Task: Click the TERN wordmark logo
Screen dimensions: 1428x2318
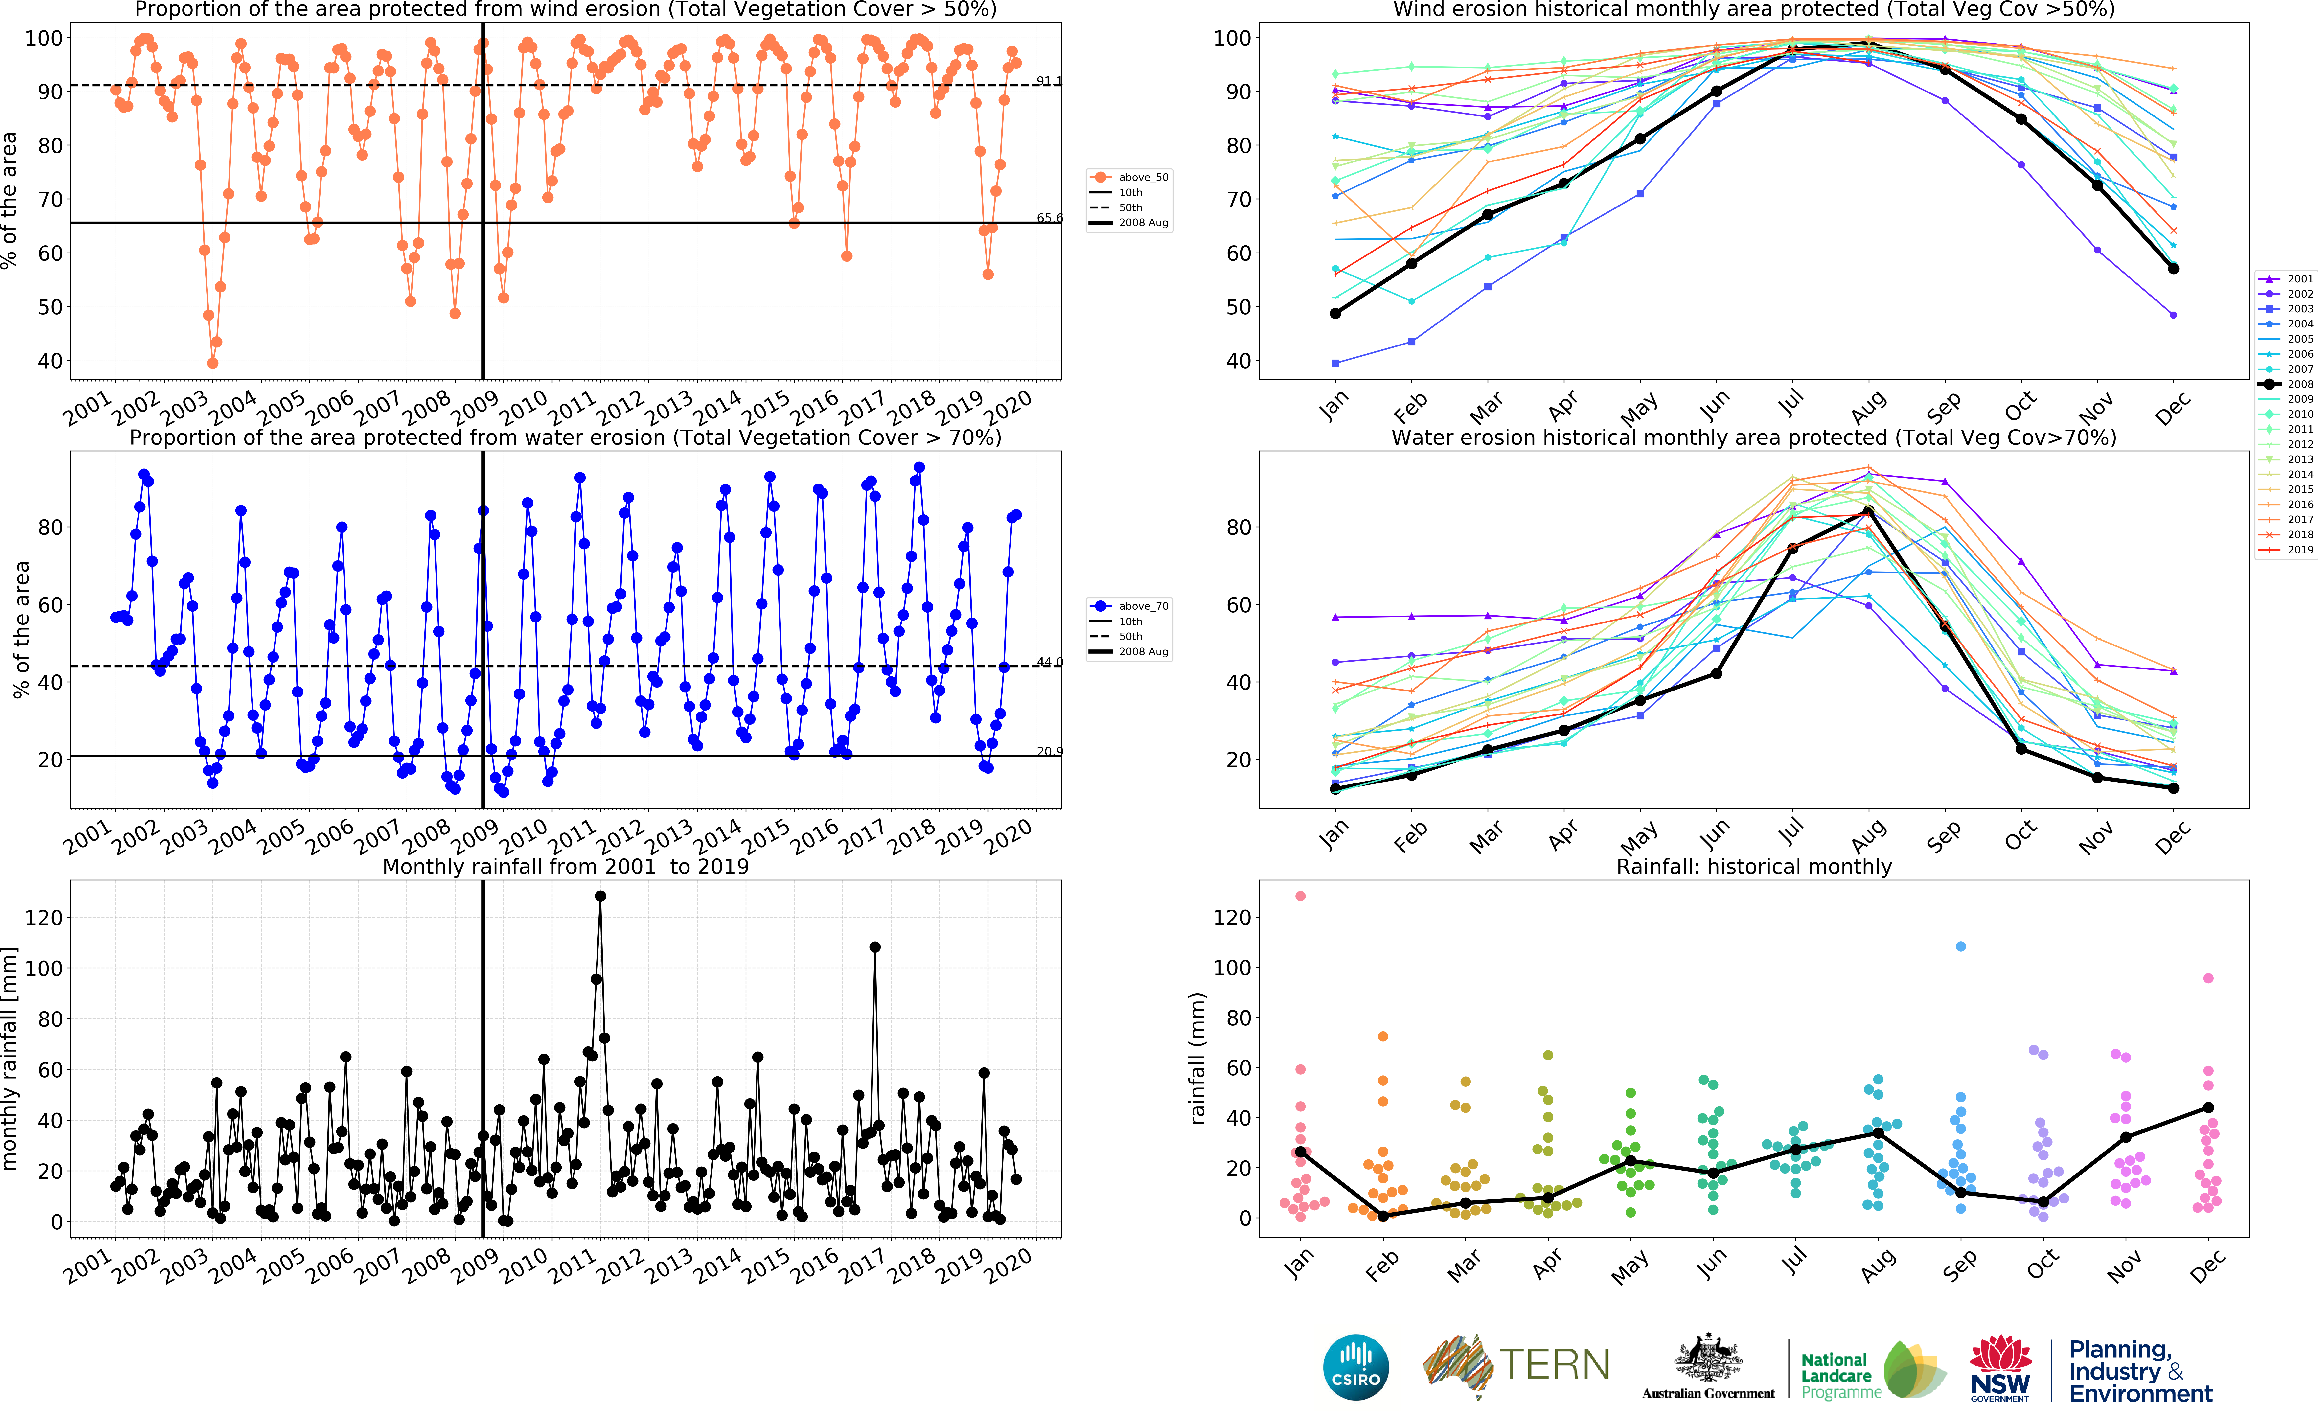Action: pyautogui.click(x=1516, y=1366)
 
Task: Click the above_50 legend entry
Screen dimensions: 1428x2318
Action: pyautogui.click(x=1130, y=178)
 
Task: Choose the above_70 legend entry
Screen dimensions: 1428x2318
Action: pyautogui.click(x=1130, y=606)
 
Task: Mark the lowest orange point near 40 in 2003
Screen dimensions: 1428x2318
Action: pyautogui.click(x=212, y=363)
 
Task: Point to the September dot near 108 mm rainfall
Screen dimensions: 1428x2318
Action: pyautogui.click(x=1960, y=946)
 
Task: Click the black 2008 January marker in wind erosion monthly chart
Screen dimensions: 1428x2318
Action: pyautogui.click(x=1335, y=314)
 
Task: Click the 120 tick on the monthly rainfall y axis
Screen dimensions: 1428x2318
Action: pyautogui.click(x=44, y=918)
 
